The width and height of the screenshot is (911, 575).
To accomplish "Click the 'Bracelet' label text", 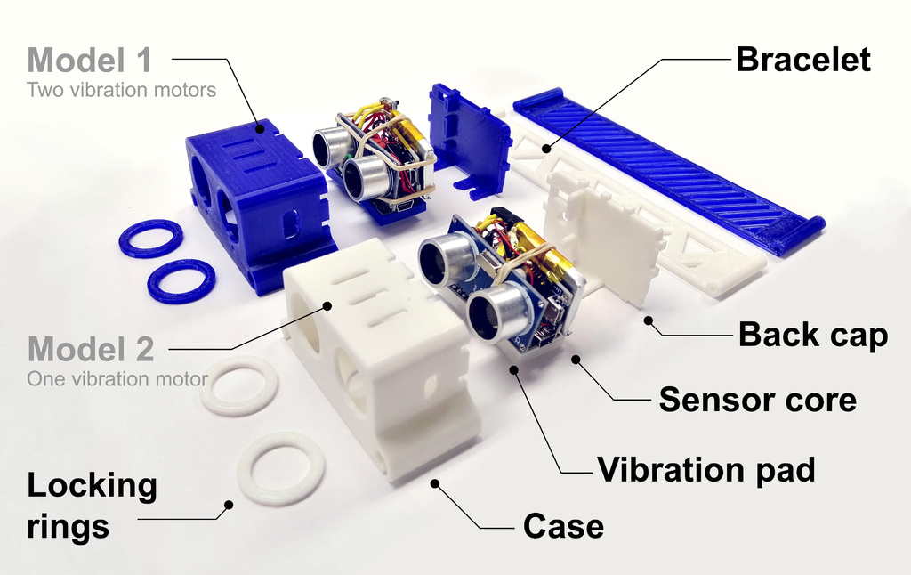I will point(802,61).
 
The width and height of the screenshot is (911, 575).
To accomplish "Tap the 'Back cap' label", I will point(812,336).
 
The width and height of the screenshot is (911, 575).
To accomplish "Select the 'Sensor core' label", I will point(757,400).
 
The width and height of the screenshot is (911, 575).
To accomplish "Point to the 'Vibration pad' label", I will point(705,469).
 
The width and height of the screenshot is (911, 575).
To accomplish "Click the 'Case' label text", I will point(563,526).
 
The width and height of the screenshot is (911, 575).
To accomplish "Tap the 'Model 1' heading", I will point(89,61).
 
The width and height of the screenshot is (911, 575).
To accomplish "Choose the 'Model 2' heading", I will point(91,347).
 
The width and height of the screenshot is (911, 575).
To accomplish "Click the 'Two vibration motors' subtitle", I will point(121,90).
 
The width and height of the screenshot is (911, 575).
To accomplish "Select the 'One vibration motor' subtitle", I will point(117,379).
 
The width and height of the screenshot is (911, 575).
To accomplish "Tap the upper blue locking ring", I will point(150,239).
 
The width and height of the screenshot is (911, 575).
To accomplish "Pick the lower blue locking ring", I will point(181,280).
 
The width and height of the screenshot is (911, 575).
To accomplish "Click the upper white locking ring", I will point(238,385).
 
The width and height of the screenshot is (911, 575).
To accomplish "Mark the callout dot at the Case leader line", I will point(435,483).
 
